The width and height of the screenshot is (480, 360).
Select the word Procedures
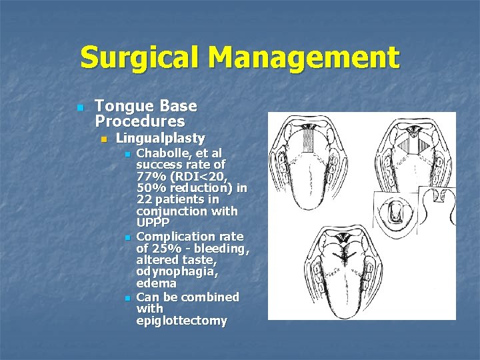coord(140,121)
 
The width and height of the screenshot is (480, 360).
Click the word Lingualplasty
coord(160,139)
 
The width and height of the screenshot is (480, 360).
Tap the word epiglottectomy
coord(181,321)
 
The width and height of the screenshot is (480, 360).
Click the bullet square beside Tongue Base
coord(80,107)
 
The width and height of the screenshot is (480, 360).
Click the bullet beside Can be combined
coord(127,297)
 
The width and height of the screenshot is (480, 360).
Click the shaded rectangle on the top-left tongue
coord(309,140)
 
